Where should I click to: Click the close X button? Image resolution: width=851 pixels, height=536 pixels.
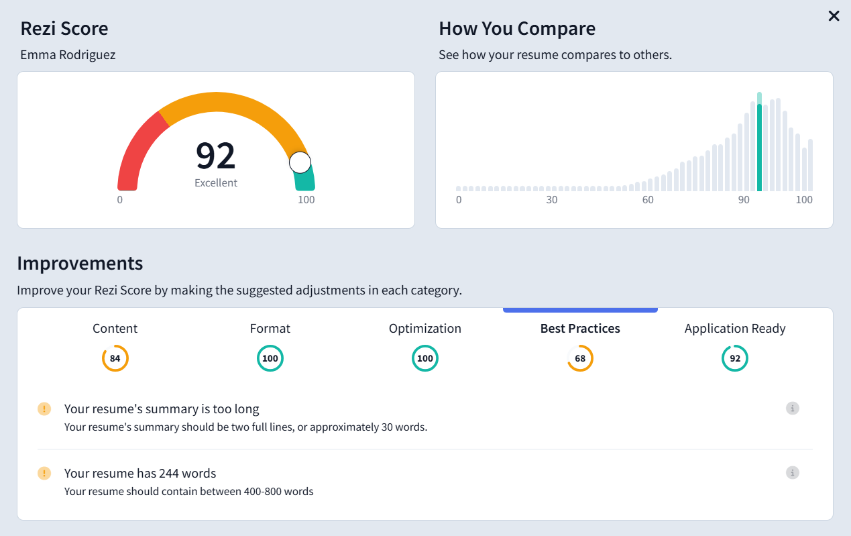[834, 16]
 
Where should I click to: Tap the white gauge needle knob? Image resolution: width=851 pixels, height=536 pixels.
[300, 162]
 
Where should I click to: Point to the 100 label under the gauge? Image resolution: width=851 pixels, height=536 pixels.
[306, 200]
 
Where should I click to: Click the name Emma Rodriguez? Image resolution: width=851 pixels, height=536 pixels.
[68, 55]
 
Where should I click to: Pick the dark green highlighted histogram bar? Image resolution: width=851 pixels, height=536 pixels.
[759, 148]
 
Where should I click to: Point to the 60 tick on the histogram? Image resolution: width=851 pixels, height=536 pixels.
[648, 200]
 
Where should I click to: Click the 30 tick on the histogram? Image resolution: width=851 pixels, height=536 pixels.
[551, 200]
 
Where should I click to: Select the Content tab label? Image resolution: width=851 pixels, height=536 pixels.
[115, 329]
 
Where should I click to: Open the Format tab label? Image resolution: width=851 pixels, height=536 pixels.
[270, 329]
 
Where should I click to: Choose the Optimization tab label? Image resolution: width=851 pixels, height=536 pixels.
[425, 329]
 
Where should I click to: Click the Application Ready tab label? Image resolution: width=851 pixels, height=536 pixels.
[735, 329]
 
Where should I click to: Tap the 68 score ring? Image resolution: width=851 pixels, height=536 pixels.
[580, 358]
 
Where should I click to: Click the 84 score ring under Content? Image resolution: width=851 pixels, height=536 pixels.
[115, 358]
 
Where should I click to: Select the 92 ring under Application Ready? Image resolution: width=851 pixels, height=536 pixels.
[735, 358]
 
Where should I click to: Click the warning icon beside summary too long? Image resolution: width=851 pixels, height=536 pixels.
[44, 409]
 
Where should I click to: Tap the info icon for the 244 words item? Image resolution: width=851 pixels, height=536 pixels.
[793, 473]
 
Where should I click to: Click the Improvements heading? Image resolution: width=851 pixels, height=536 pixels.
[80, 263]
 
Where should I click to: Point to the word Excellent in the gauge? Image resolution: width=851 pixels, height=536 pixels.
[216, 182]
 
